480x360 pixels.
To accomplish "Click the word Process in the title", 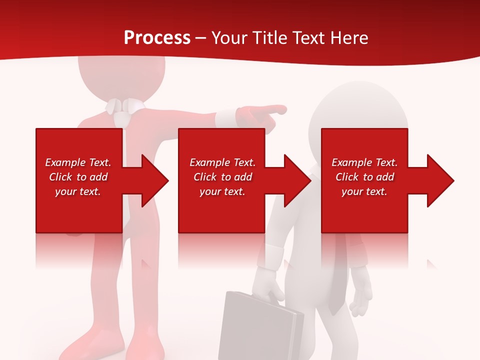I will pyautogui.click(x=157, y=38).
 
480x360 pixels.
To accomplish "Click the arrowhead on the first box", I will pyautogui.click(x=152, y=180).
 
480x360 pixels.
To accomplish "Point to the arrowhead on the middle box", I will pyautogui.click(x=295, y=180).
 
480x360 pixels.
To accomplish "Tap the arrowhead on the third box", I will pyautogui.click(x=438, y=180).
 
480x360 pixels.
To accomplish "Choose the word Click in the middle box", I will pyautogui.click(x=205, y=177).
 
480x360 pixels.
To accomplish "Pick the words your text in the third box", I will pyautogui.click(x=364, y=191).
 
